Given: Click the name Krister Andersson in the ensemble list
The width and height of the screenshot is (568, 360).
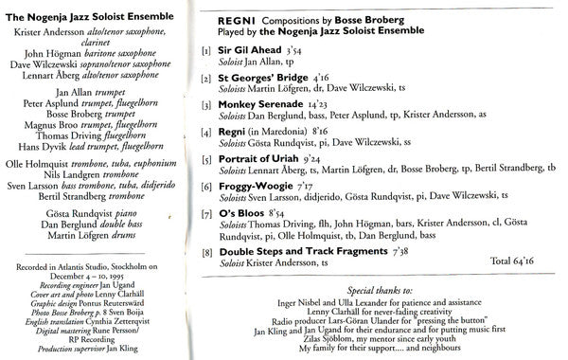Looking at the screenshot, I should click(56, 31).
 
